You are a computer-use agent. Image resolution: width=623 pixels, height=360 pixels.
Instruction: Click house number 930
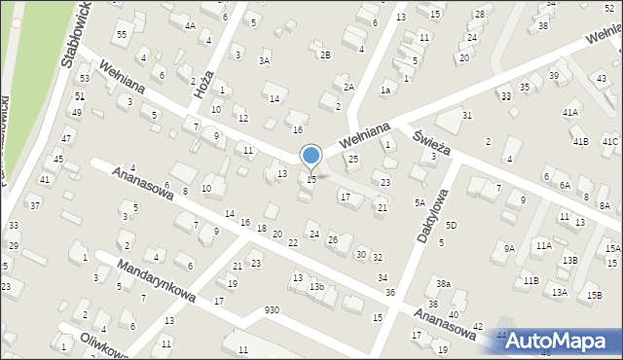pos(272,310)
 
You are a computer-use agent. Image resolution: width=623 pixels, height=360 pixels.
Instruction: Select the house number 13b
pos(316,287)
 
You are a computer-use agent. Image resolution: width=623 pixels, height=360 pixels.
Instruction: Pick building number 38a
pos(443,283)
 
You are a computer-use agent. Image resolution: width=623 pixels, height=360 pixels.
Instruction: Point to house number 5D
pos(451,226)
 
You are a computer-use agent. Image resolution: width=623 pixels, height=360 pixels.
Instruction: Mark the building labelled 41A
pos(569,113)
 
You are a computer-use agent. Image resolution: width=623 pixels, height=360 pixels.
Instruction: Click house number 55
pos(122,35)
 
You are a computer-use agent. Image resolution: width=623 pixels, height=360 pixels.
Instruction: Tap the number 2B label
pos(325,54)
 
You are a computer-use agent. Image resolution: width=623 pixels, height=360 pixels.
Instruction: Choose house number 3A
pos(264,60)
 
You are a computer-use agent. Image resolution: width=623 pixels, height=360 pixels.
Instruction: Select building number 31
pos(467,116)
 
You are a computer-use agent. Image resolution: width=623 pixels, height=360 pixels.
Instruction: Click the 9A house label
pos(509,248)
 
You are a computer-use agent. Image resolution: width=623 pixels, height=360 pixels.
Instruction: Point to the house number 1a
pos(385,90)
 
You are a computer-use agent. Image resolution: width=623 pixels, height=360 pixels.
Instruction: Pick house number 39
pos(553,76)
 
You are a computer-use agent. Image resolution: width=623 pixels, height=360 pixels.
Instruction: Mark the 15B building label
pos(594,295)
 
